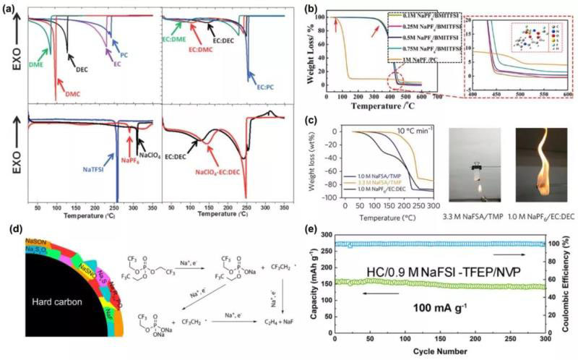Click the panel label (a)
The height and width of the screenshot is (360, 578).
10,9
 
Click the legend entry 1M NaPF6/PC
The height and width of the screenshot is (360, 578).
422,57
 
